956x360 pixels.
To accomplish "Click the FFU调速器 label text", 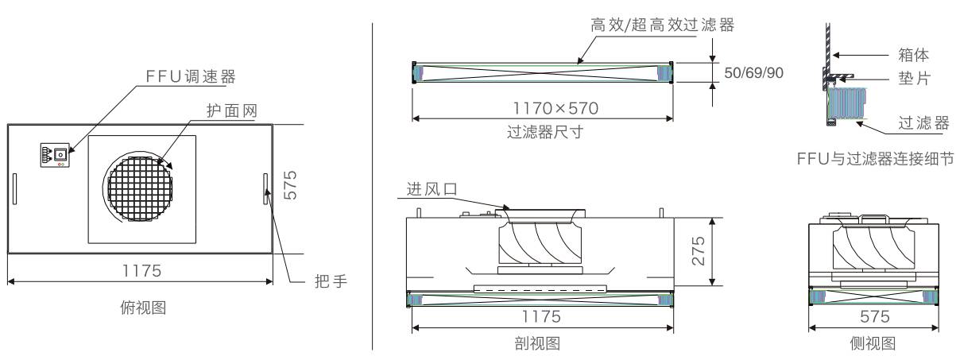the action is [191, 76].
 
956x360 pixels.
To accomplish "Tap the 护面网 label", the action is [232, 110].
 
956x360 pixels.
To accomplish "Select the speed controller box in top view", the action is [55, 155].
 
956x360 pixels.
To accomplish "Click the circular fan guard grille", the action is [141, 188].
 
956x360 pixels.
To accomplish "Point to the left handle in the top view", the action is [14, 189].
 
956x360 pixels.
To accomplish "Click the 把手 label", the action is [331, 281].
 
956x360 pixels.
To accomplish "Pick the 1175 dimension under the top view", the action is [141, 271].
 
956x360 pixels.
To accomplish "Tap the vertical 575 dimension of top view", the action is [290, 185].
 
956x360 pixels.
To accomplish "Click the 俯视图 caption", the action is [143, 308].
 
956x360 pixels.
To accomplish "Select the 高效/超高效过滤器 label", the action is [663, 25].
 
